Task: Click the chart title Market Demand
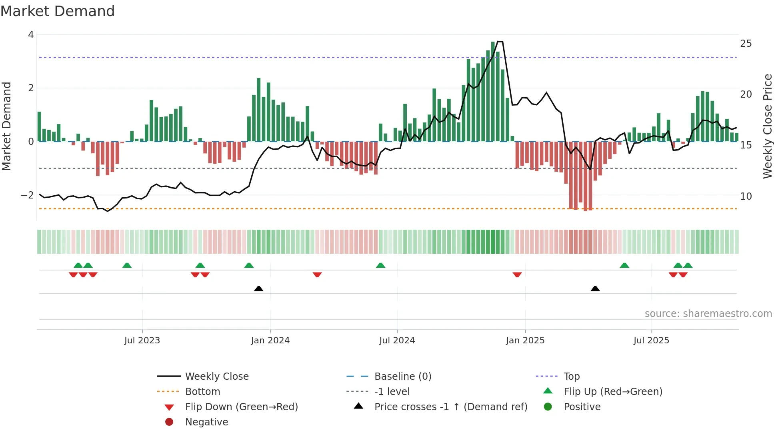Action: tap(58, 11)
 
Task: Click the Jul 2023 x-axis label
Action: tap(142, 341)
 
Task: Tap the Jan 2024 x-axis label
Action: tap(270, 341)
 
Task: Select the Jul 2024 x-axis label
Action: tap(397, 341)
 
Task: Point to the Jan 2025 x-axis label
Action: tap(525, 341)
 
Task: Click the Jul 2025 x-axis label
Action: tap(651, 341)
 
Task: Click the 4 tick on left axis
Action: tap(31, 35)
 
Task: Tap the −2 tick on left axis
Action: tap(27, 195)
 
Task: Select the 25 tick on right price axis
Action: tap(746, 44)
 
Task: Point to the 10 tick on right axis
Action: tap(746, 196)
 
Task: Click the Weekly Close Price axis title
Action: tap(767, 126)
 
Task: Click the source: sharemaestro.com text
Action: tap(708, 314)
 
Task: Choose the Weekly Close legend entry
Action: tap(217, 377)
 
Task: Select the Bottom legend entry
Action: tap(202, 392)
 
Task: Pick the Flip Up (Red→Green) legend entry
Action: tap(613, 392)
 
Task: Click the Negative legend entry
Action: tap(206, 422)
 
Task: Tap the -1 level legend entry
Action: tap(392, 392)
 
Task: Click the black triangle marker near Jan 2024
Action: tap(259, 289)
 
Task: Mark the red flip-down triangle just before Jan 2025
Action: tap(517, 275)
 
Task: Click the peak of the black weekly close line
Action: tap(500, 42)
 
